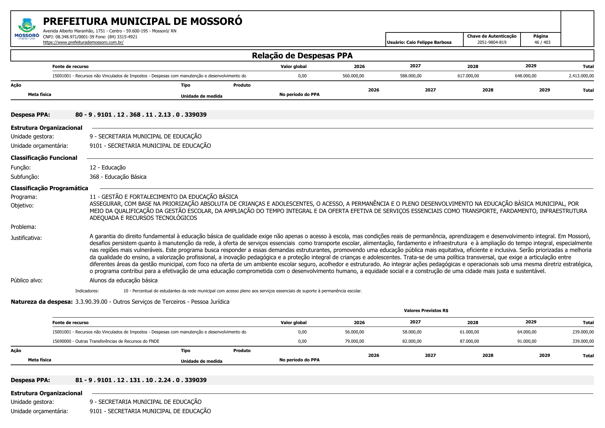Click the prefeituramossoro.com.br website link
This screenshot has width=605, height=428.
(x=83, y=42)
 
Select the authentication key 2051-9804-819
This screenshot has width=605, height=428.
(x=492, y=42)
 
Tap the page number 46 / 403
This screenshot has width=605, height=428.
(x=542, y=42)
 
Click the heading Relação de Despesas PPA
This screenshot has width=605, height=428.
(x=302, y=56)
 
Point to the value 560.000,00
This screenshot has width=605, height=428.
(x=353, y=76)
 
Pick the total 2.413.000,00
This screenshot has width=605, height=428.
(x=581, y=76)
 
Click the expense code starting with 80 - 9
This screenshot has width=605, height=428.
(x=141, y=115)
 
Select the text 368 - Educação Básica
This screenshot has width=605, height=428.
(x=118, y=177)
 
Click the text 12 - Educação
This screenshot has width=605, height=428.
(x=108, y=167)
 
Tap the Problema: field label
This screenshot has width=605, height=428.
(x=23, y=227)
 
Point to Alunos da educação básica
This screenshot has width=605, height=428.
(x=123, y=280)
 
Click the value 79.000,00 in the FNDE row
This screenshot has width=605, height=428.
(x=354, y=341)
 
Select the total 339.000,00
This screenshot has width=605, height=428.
(x=583, y=341)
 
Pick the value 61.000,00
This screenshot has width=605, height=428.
(x=469, y=332)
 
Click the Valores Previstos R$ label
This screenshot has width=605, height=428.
(x=426, y=311)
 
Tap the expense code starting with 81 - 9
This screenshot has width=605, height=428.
(x=141, y=380)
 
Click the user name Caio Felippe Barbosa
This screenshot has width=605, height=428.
(x=419, y=42)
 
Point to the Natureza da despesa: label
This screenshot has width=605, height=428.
(x=42, y=302)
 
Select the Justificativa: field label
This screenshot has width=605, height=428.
(x=26, y=238)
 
